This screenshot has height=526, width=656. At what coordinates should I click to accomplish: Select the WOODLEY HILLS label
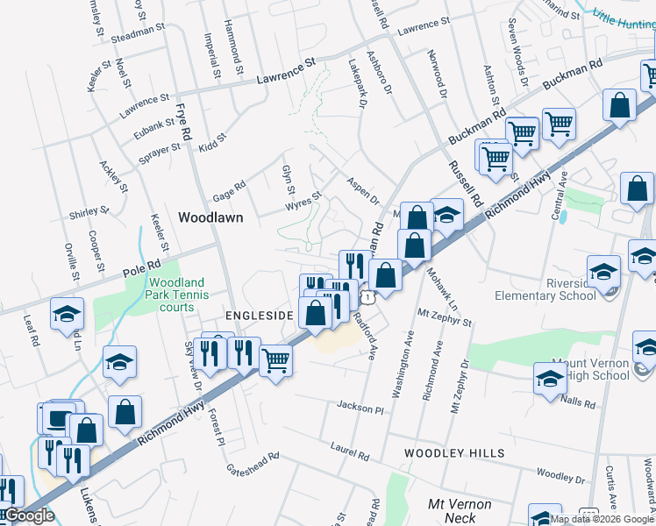454,452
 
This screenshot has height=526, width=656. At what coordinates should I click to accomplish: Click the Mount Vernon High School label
591,369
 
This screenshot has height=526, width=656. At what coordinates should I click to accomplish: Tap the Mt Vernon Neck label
459,510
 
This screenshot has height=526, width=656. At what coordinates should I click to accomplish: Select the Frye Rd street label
183,122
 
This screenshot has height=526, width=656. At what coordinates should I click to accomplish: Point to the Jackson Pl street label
360,408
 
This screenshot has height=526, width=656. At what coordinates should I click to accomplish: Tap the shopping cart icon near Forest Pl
275,358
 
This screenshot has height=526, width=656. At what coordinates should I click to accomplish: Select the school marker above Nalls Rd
549,378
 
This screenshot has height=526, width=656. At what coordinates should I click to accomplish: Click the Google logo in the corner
28,516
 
